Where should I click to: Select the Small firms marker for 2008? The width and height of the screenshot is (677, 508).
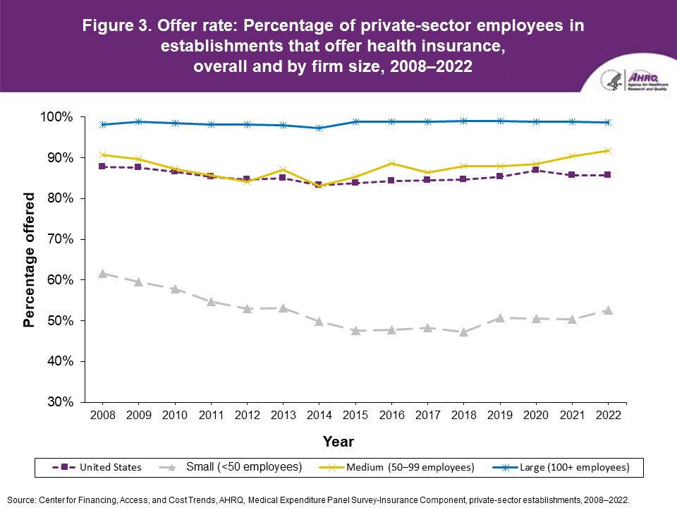pyautogui.click(x=103, y=273)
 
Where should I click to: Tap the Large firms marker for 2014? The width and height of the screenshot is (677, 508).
pyautogui.click(x=319, y=128)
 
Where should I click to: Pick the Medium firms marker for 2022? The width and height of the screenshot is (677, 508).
pyautogui.click(x=607, y=150)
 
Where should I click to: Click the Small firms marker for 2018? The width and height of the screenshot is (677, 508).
pyautogui.click(x=463, y=332)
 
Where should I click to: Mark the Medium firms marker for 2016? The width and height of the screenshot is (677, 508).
pyautogui.click(x=391, y=163)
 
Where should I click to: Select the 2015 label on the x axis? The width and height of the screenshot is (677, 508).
pyautogui.click(x=355, y=416)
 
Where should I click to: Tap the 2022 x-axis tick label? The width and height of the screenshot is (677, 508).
pyautogui.click(x=607, y=416)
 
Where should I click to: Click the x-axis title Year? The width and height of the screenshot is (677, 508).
pyautogui.click(x=338, y=442)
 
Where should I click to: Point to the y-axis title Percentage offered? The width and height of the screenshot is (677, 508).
pyautogui.click(x=29, y=260)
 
